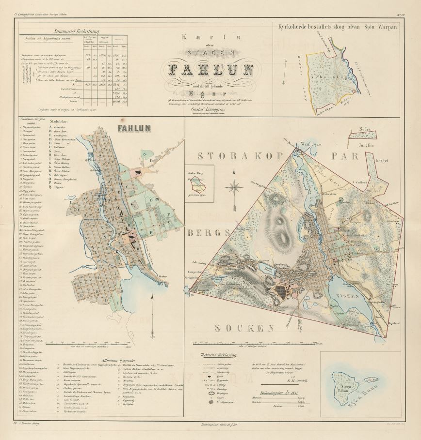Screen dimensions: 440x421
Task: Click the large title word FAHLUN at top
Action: [x=210, y=70]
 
